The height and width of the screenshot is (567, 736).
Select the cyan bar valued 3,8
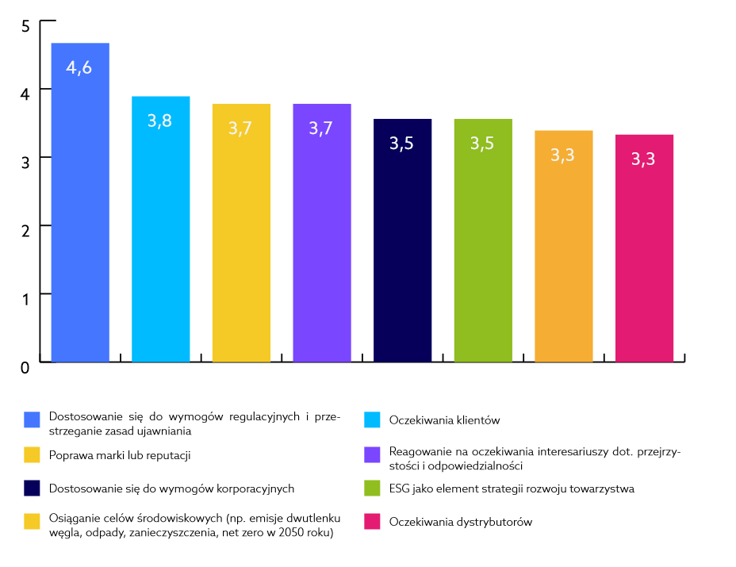161,229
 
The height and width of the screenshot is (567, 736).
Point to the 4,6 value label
79,68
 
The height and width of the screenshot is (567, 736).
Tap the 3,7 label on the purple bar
321,128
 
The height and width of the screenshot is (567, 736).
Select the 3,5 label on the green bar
482,144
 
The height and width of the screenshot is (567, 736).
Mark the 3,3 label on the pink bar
643,159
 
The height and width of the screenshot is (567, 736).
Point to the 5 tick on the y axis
25,26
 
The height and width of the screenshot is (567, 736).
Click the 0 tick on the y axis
25,367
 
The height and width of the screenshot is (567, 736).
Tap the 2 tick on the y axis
25,231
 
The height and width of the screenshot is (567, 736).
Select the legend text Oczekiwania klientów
444,420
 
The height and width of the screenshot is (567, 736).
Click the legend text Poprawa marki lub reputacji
120,455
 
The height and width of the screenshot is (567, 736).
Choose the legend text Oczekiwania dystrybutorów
461,522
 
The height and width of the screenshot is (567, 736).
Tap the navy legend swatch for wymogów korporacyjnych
32,488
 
